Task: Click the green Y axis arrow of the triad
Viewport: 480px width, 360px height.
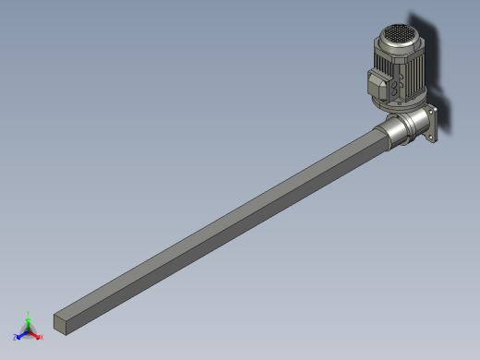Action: [28, 322]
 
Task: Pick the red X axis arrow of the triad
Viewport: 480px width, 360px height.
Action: [35, 335]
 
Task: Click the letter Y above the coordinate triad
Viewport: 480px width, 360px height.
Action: [28, 314]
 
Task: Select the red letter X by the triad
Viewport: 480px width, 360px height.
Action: [41, 338]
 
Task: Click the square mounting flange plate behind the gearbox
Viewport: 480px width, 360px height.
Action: [430, 126]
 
